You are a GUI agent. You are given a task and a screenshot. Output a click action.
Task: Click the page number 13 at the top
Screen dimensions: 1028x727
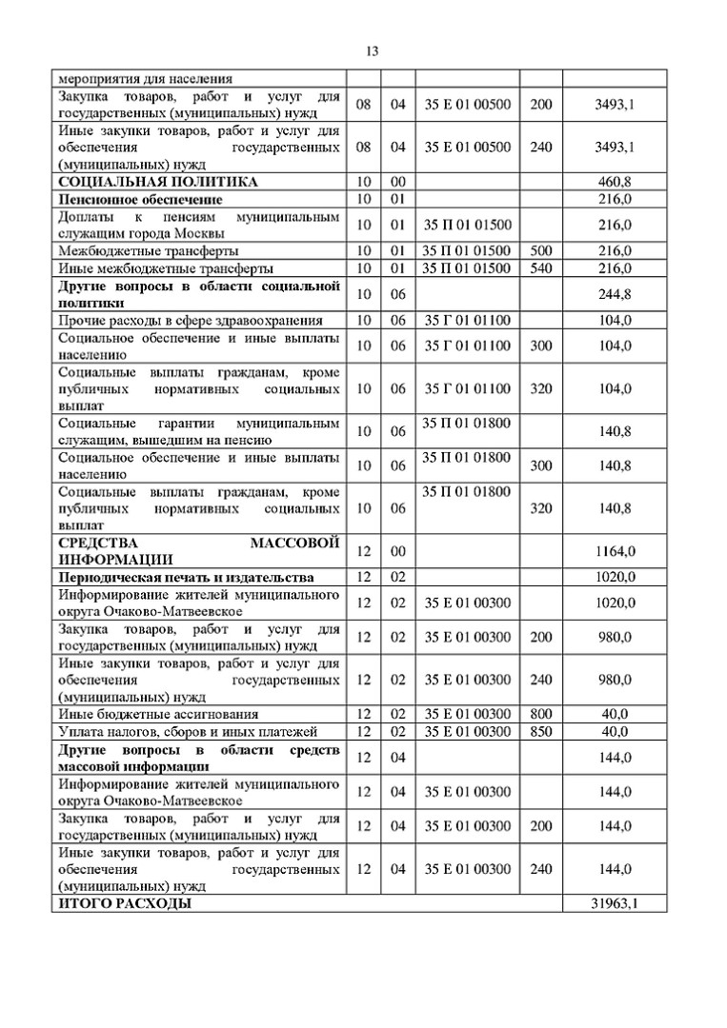click(x=372, y=51)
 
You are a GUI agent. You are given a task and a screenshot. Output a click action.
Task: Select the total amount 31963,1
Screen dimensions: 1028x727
click(x=615, y=903)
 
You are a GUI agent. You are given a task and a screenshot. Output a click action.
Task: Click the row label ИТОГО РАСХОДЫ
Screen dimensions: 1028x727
click(x=125, y=903)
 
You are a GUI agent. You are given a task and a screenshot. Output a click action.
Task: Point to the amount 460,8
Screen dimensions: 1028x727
click(x=615, y=181)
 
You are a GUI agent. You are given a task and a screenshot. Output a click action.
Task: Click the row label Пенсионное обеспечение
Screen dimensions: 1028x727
click(x=140, y=199)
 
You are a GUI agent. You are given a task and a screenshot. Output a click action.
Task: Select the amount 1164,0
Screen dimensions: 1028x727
click(x=615, y=551)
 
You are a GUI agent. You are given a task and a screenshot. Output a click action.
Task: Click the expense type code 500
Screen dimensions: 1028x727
click(x=540, y=250)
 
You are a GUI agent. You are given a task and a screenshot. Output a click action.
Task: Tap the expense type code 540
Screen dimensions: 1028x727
click(x=540, y=268)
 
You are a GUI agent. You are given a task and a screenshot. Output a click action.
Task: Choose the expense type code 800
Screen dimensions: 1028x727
click(x=540, y=714)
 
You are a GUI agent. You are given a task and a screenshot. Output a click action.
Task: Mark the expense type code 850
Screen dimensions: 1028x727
click(x=540, y=731)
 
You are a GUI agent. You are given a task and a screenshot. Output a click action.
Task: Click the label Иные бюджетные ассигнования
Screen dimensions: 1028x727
click(x=145, y=714)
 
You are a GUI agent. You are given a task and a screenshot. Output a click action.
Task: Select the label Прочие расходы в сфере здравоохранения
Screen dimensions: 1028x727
click(x=190, y=320)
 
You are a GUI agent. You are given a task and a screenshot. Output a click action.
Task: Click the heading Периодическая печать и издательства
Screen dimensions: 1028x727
click(x=186, y=577)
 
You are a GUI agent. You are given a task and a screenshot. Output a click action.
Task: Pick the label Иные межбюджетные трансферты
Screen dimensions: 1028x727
click(x=152, y=268)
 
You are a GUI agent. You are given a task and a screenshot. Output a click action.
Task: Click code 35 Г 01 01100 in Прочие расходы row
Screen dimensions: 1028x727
click(x=467, y=320)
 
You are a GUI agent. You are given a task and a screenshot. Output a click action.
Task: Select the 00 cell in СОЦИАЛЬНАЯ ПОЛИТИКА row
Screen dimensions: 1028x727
click(x=398, y=181)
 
